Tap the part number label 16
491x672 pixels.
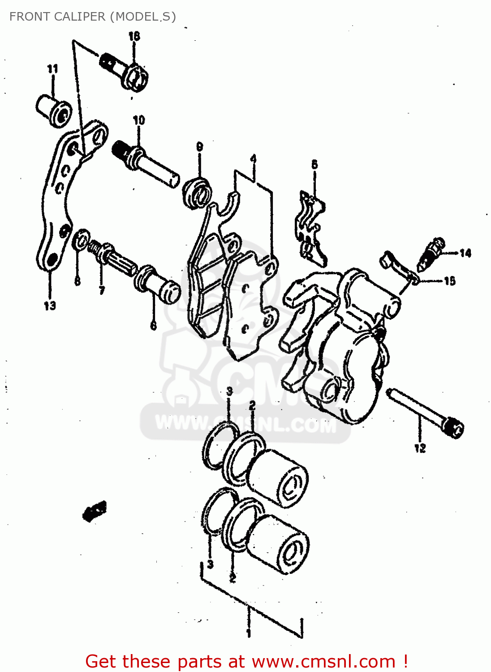(134, 36)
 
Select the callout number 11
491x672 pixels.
(52, 69)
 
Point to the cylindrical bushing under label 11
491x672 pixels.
(53, 110)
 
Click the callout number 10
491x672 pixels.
(139, 120)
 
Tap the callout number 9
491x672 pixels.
(199, 146)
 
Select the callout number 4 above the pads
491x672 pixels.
(254, 159)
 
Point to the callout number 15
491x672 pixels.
(450, 281)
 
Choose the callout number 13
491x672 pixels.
(50, 306)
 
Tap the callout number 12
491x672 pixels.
(420, 448)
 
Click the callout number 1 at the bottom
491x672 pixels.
(248, 633)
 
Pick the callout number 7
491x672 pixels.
(102, 290)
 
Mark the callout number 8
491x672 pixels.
(78, 281)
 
